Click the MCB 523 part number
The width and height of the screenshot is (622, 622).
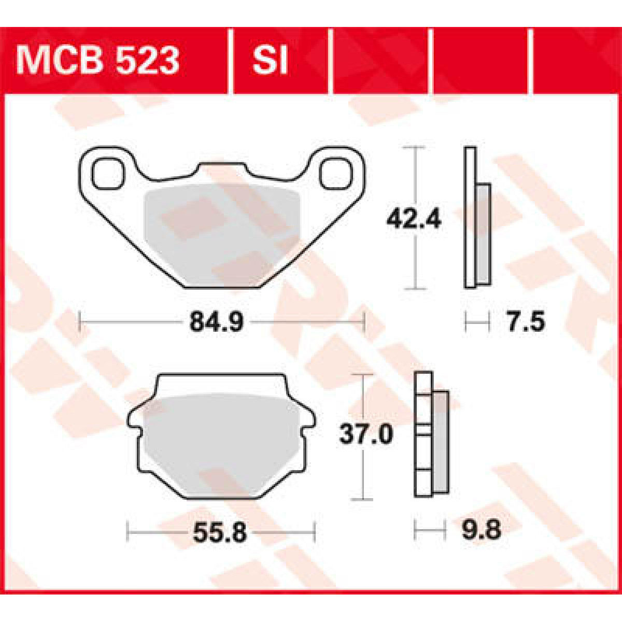[97, 61]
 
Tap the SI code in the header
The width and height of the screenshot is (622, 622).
[270, 61]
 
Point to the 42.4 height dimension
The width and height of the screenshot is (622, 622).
[414, 220]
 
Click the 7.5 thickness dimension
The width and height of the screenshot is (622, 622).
[525, 322]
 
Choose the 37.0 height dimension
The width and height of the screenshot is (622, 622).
[366, 434]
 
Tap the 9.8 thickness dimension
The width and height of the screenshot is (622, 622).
[480, 531]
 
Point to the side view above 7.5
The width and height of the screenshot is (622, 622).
[476, 218]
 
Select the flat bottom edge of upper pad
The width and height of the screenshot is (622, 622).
[222, 287]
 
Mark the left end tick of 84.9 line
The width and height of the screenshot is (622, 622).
[79, 322]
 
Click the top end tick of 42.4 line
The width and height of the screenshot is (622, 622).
[414, 148]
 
